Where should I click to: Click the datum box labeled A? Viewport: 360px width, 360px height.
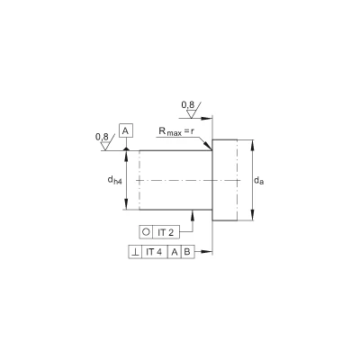[126, 130]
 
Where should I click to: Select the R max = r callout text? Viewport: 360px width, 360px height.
[175, 131]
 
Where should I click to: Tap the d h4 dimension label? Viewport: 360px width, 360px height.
[115, 180]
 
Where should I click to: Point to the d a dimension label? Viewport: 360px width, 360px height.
[259, 181]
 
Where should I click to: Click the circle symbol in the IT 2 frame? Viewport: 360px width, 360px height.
[146, 232]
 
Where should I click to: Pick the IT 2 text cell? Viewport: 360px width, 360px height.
[166, 232]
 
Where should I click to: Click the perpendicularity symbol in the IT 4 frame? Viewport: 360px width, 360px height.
[135, 252]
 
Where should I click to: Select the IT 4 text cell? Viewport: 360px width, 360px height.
[154, 252]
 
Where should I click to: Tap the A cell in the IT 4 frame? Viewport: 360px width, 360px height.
[174, 252]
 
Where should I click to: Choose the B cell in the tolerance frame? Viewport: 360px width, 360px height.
[187, 252]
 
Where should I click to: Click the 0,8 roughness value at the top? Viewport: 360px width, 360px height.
[188, 105]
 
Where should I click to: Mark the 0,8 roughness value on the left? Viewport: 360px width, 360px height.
[102, 137]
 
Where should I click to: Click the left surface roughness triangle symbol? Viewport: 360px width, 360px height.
[106, 145]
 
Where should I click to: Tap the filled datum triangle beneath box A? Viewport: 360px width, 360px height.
[126, 148]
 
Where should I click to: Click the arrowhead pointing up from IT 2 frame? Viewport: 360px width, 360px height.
[193, 215]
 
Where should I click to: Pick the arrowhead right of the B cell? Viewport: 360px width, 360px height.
[206, 251]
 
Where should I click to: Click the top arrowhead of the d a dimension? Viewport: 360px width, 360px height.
[253, 146]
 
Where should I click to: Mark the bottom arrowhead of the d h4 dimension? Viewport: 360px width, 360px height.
[126, 204]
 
